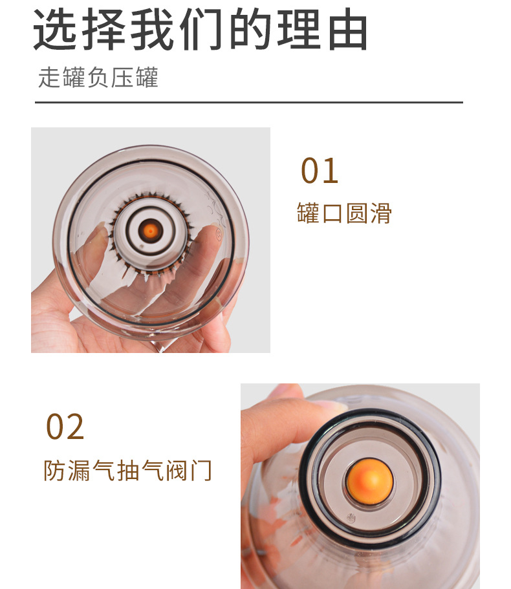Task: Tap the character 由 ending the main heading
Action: (347, 29)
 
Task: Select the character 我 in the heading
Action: (152, 29)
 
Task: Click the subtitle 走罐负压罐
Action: (98, 78)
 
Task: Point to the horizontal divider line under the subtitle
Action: (249, 102)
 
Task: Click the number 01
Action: (320, 171)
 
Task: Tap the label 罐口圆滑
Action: (344, 213)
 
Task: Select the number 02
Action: (65, 427)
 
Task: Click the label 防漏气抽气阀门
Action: (128, 470)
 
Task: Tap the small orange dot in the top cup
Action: (150, 231)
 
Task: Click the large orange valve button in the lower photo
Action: (370, 481)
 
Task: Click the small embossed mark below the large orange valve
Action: (351, 518)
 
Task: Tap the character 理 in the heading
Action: (299, 29)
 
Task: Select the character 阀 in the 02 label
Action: (177, 470)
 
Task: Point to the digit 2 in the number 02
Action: (74, 427)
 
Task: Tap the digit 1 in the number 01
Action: (331, 171)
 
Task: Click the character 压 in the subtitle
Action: (122, 78)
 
